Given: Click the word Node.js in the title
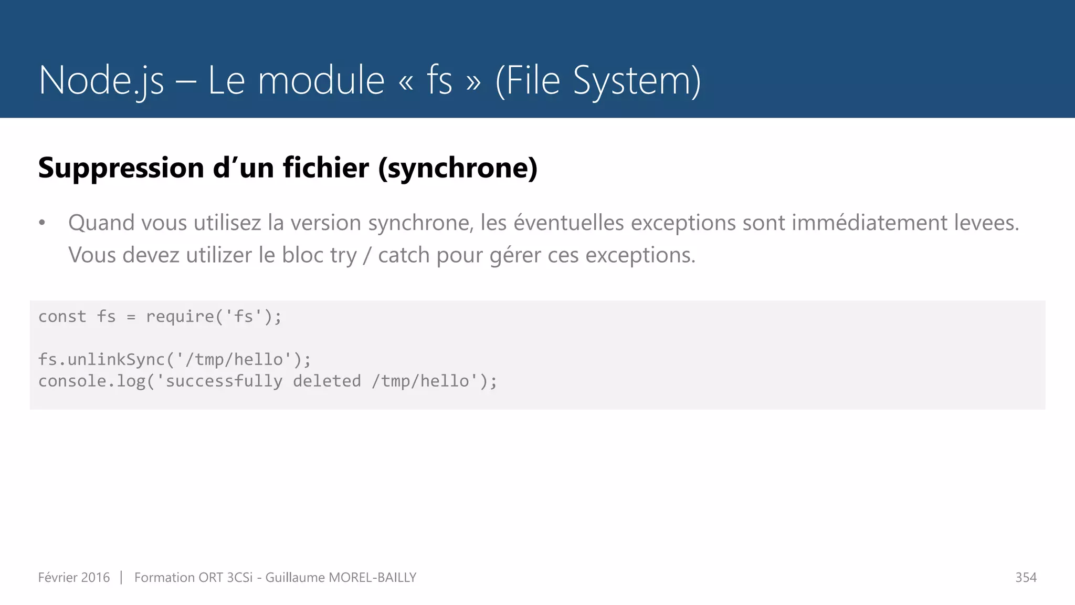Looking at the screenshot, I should tap(101, 80).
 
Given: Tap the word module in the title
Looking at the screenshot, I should tap(321, 80).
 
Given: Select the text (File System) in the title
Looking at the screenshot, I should tap(598, 80).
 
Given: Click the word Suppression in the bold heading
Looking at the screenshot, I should tap(121, 168).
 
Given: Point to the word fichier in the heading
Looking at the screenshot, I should tap(326, 168).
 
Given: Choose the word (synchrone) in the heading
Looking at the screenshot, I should tap(458, 168).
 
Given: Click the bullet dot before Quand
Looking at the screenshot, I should tap(43, 223).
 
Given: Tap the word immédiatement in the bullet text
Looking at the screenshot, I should tap(869, 223).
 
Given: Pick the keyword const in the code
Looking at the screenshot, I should tap(62, 317).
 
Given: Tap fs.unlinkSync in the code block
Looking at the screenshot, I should tap(101, 360).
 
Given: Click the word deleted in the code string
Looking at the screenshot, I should tap(327, 381).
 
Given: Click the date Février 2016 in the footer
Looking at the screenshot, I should tap(74, 578).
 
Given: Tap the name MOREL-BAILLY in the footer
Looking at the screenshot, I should tap(372, 578).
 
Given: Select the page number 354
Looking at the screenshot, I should tap(1026, 578).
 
